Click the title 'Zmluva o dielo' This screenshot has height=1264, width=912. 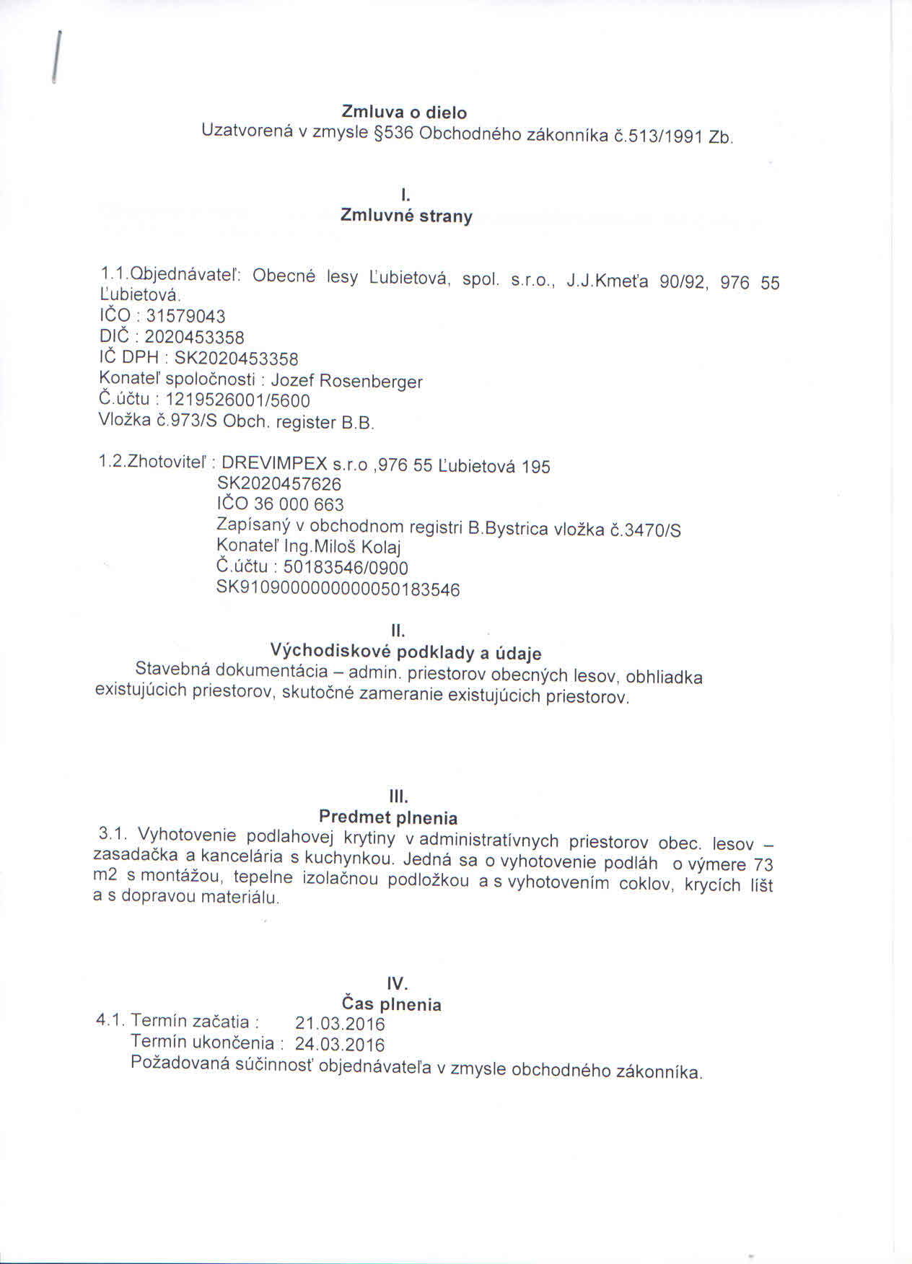(404, 113)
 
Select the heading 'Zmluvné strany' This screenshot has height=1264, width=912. (406, 216)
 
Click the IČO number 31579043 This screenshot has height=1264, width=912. (185, 316)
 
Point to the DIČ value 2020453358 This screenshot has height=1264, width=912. (194, 337)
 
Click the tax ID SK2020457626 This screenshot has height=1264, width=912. (279, 483)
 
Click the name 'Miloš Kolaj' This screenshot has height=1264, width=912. (356, 548)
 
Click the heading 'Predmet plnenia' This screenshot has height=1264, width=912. (388, 817)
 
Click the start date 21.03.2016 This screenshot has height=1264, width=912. (340, 1024)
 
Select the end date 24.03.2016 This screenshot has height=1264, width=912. (340, 1045)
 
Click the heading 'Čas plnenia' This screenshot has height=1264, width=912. (391, 1004)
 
